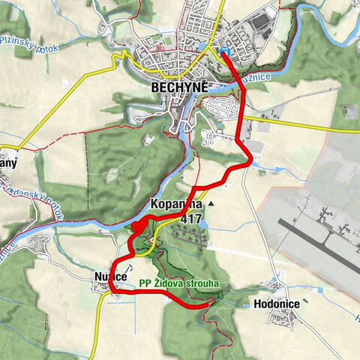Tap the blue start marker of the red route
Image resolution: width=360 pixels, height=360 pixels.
point(224,51)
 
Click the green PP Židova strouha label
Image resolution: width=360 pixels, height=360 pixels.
point(178,284)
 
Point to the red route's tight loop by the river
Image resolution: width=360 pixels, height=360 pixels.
point(137,228)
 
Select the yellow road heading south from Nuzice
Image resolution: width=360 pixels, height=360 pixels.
point(100,322)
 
